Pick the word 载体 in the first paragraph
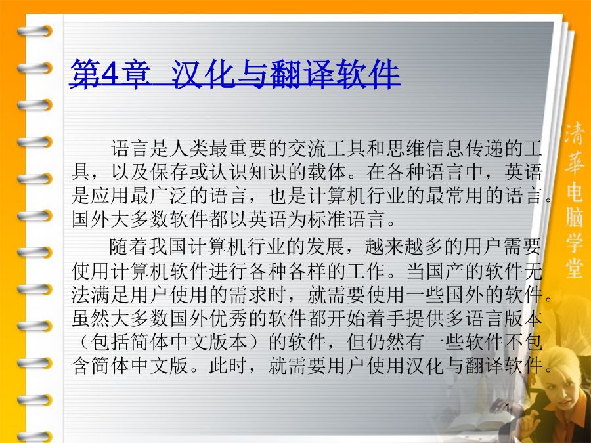pyautogui.click(x=327, y=172)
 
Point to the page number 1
pyautogui.click(x=508, y=408)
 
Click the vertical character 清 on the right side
pyautogui.click(x=574, y=133)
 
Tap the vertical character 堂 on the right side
pyautogui.click(x=574, y=266)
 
